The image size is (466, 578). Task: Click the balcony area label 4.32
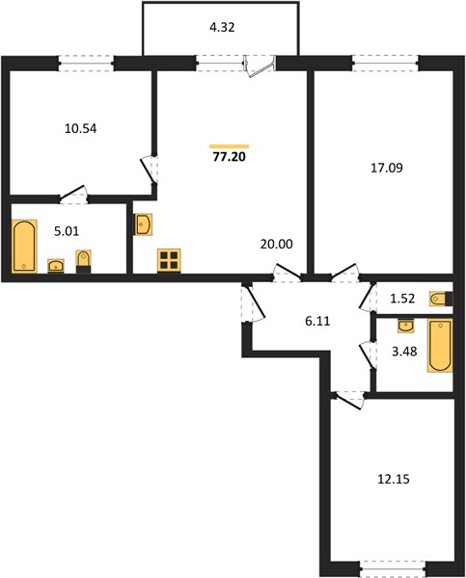pyautogui.click(x=222, y=27)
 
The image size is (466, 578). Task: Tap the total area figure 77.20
pyautogui.click(x=230, y=157)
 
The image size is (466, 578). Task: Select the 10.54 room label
pyautogui.click(x=80, y=129)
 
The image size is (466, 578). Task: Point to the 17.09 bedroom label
pyautogui.click(x=387, y=168)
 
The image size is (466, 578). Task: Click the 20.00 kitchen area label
pyautogui.click(x=277, y=244)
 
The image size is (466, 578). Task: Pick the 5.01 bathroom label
pyautogui.click(x=67, y=231)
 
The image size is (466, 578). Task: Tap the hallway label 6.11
pyautogui.click(x=317, y=322)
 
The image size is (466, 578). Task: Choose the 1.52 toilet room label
pyautogui.click(x=402, y=299)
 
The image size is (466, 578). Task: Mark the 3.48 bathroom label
pyautogui.click(x=404, y=352)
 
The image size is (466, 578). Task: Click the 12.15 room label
pyautogui.click(x=394, y=479)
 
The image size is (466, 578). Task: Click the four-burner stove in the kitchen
pyautogui.click(x=169, y=261)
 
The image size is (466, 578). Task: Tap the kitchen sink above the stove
pyautogui.click(x=143, y=224)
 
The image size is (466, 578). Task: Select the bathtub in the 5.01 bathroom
pyautogui.click(x=24, y=247)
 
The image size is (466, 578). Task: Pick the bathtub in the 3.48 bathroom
pyautogui.click(x=440, y=346)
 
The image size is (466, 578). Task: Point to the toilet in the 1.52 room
pyautogui.click(x=441, y=299)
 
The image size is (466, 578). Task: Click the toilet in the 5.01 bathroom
pyautogui.click(x=83, y=262)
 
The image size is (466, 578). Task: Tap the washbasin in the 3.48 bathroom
pyautogui.click(x=406, y=327)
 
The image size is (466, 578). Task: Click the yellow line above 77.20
pyautogui.click(x=230, y=146)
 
